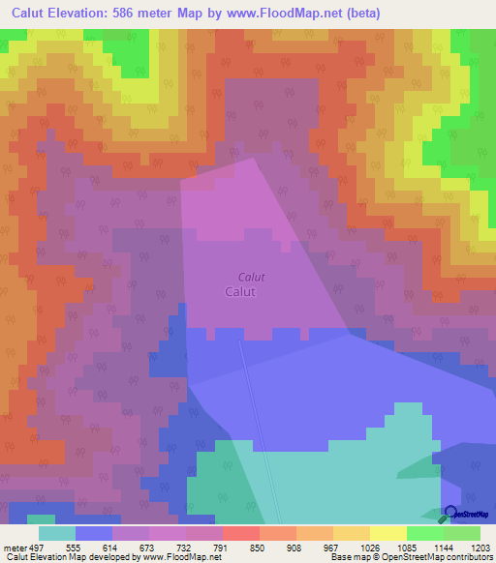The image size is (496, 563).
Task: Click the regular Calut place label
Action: click(239, 291)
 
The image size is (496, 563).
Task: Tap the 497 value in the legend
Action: click(38, 547)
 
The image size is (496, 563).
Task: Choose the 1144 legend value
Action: click(436, 547)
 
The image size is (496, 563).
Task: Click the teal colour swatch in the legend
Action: click(56, 533)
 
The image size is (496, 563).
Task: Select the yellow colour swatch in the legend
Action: click(387, 533)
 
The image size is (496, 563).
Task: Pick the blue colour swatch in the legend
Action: click(93, 533)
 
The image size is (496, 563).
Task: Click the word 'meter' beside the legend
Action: click(14, 547)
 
